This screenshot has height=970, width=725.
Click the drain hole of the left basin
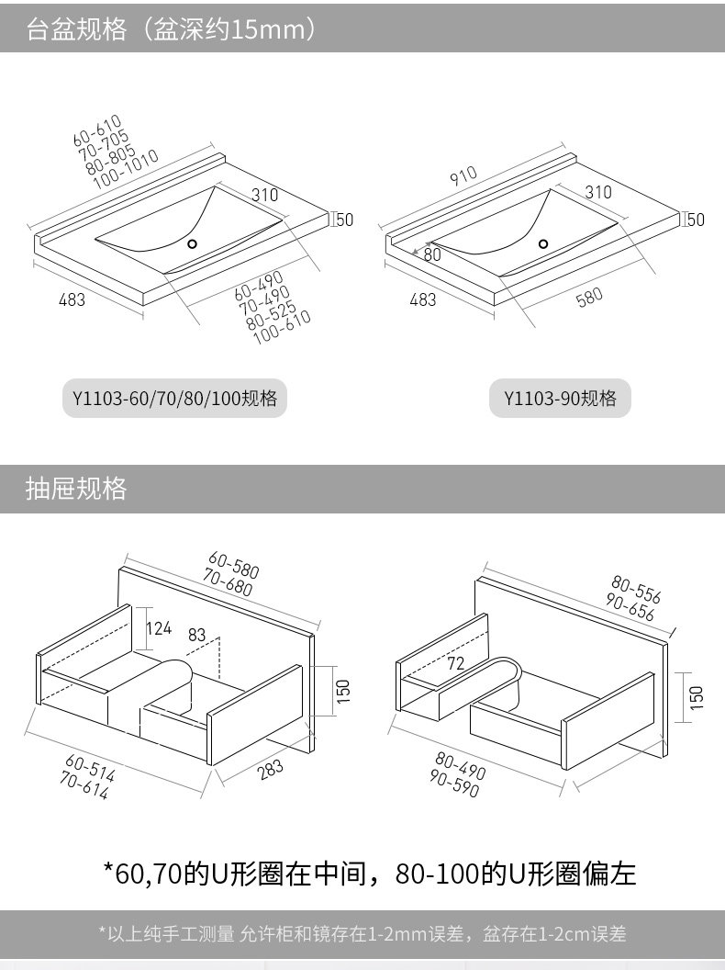coord(193,244)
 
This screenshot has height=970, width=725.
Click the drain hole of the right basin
coord(543,244)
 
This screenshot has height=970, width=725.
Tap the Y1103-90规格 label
coord(560,399)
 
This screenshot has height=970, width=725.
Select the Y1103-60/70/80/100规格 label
coord(174,399)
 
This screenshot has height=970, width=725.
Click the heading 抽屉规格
coord(76,489)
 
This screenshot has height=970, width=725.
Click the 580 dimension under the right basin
coord(589,298)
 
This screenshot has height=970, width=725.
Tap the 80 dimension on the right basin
coord(432,254)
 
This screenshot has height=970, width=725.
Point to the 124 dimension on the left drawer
coord(160,628)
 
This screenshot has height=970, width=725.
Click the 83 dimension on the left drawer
coord(197,634)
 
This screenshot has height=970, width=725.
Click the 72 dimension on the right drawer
coord(456,663)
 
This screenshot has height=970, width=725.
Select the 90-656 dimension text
coord(630,610)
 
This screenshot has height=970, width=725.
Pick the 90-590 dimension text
coord(454,786)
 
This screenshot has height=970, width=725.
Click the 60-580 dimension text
coord(234,566)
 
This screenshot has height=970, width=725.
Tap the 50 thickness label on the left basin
coord(344,220)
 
